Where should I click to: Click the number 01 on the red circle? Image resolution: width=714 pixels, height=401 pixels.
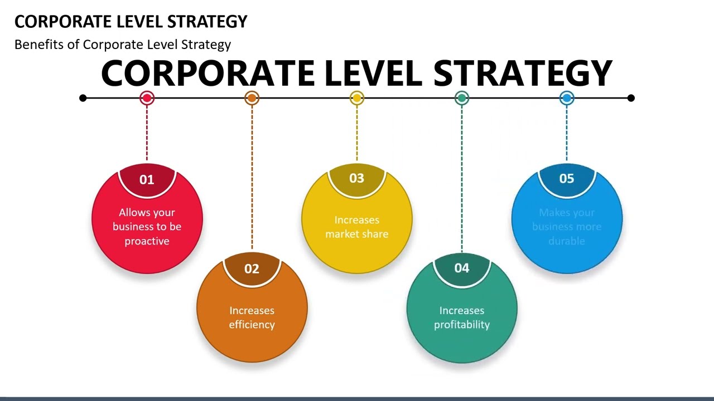click(147, 179)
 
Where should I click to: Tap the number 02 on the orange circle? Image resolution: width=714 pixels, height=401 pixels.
click(252, 269)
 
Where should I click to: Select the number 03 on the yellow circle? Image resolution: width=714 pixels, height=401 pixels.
click(356, 178)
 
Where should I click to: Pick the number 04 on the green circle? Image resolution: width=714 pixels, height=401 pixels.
click(461, 268)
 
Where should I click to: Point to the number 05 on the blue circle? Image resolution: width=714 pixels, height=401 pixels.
click(566, 178)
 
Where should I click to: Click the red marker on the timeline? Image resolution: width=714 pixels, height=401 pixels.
click(147, 99)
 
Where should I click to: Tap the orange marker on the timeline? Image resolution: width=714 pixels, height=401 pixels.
click(252, 99)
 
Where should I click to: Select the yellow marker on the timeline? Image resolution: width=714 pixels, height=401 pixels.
click(356, 99)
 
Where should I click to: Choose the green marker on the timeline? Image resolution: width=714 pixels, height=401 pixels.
click(461, 99)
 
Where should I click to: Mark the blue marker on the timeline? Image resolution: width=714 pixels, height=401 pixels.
click(566, 99)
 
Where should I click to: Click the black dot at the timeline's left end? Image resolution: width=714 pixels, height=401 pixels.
click(83, 98)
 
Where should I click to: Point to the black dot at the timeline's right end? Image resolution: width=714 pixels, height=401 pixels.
click(631, 98)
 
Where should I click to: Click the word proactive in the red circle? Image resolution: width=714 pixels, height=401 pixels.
click(147, 241)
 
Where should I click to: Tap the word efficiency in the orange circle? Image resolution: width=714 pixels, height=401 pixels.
click(252, 325)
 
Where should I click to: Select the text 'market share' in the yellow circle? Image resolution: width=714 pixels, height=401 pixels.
click(356, 234)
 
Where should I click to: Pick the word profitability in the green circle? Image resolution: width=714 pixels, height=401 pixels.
click(461, 325)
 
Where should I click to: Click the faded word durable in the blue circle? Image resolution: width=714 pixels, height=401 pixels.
click(566, 241)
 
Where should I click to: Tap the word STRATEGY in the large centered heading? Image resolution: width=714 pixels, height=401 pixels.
click(523, 74)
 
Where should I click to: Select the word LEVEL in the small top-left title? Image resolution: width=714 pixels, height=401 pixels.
click(142, 22)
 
